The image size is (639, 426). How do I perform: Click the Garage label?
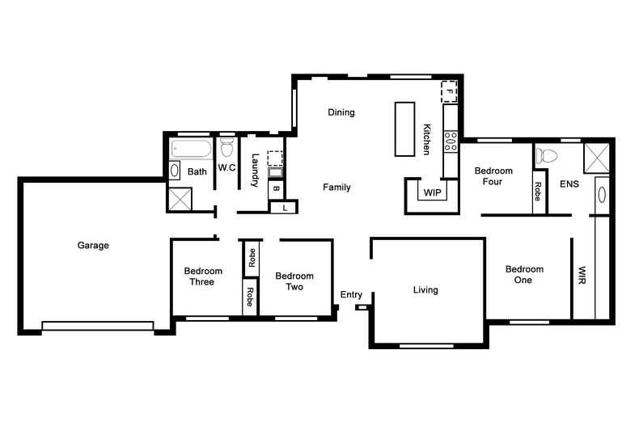pyautogui.click(x=93, y=245)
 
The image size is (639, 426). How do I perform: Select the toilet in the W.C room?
pyautogui.click(x=226, y=149)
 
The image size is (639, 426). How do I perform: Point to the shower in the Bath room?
pyautogui.click(x=180, y=198)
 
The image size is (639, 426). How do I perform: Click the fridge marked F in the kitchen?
pyautogui.click(x=449, y=91)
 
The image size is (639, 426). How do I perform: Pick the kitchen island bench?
pyautogui.click(x=404, y=129)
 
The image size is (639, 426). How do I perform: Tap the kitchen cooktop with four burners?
pyautogui.click(x=450, y=142)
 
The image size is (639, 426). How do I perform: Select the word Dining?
pyautogui.click(x=341, y=112)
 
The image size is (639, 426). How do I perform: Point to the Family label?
pyautogui.click(x=336, y=188)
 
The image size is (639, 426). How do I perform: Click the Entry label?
pyautogui.click(x=351, y=294)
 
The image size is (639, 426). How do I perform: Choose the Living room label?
pyautogui.click(x=425, y=289)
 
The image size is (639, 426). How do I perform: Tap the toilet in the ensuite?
pyautogui.click(x=548, y=154)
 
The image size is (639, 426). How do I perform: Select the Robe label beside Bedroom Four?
pyautogui.click(x=538, y=192)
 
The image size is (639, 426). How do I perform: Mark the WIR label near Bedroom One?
pyautogui.click(x=582, y=275)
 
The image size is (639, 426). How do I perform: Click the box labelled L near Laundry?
pyautogui.click(x=283, y=209)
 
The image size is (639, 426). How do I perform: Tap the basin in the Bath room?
pyautogui.click(x=174, y=171)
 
